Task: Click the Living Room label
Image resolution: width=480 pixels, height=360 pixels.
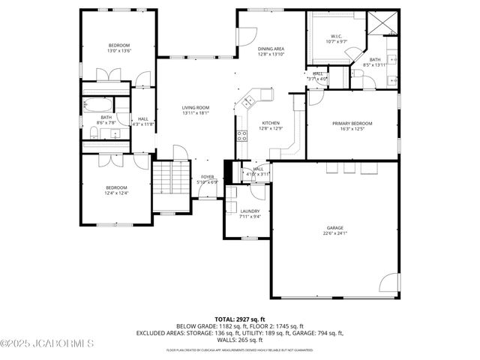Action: tap(195, 108)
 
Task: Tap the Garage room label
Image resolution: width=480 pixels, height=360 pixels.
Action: tap(334, 227)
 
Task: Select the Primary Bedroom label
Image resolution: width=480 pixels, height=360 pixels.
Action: tap(352, 123)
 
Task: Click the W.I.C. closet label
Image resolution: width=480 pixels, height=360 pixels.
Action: tap(337, 37)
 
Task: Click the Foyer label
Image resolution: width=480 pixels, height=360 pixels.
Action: tap(207, 177)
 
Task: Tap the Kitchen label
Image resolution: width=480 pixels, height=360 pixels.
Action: tap(271, 123)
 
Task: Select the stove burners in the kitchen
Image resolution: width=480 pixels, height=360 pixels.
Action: tap(242, 136)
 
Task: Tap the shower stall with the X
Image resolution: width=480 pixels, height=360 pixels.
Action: tap(385, 25)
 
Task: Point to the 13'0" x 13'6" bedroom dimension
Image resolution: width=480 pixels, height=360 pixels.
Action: tap(118, 51)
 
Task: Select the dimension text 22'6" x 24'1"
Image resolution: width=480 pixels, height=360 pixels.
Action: tap(334, 232)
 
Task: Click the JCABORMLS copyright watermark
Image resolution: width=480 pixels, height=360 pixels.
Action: tap(46, 344)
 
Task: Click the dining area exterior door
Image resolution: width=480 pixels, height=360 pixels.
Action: tap(240, 35)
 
